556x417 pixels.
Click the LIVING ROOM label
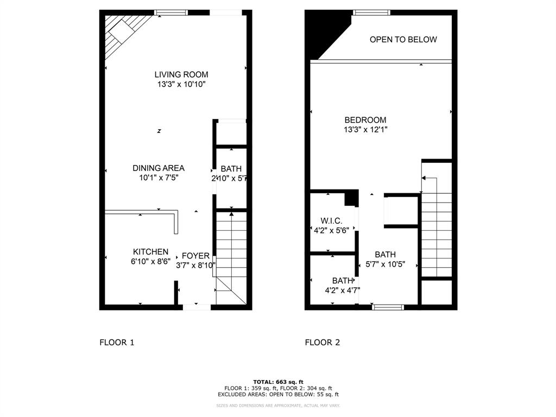(x=181, y=74)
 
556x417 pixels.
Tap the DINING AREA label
(x=159, y=168)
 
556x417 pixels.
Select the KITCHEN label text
(x=150, y=252)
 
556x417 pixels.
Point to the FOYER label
(x=195, y=256)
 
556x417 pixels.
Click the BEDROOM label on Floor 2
(x=365, y=120)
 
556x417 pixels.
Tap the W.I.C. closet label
(x=331, y=220)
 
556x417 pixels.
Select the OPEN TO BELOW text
(x=403, y=40)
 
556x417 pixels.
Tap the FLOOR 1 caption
(x=116, y=342)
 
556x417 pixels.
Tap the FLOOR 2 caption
(x=322, y=342)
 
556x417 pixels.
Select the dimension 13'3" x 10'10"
(x=181, y=84)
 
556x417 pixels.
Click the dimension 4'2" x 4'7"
(x=342, y=290)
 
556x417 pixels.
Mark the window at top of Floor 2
(x=371, y=12)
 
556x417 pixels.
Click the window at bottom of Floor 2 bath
(x=388, y=307)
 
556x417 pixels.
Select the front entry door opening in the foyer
(x=196, y=307)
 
